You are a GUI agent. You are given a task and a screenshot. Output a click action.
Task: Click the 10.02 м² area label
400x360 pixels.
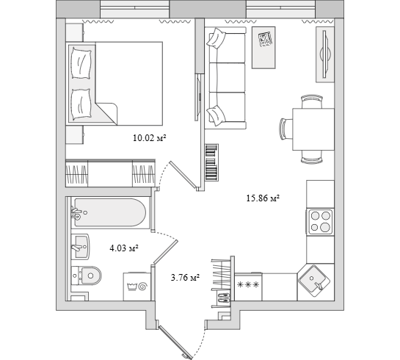coord(150,138)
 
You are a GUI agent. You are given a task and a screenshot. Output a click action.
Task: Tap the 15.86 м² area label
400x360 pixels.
coord(263,198)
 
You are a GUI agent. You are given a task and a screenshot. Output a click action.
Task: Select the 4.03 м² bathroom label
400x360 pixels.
coord(124,248)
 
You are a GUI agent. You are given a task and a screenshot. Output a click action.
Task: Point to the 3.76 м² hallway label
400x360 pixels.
coord(185,277)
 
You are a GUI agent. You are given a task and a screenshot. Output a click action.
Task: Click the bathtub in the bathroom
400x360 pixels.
coord(110,212)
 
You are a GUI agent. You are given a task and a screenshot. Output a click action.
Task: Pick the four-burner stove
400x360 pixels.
coord(320,222)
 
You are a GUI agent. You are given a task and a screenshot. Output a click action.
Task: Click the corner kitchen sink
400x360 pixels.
coord(314,281)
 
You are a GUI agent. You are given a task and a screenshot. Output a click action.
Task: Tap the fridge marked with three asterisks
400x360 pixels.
coord(248,287)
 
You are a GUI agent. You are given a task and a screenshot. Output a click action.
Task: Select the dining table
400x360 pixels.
coord(313,129)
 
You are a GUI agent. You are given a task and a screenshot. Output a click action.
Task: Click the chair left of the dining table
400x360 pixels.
coord(286,129)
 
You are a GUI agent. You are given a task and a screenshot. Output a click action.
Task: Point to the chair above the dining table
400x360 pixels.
coord(312,101)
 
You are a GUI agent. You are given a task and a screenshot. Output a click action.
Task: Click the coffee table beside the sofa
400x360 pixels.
coord(263,48)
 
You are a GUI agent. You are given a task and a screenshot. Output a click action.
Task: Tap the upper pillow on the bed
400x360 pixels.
coord(81,63)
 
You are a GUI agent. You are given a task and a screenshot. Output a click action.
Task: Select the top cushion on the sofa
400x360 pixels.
coord(217,38)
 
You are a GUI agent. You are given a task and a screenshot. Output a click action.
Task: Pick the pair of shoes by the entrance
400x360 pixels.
coord(224,298)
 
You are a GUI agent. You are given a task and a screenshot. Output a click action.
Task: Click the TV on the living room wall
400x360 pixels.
coord(324,54)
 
